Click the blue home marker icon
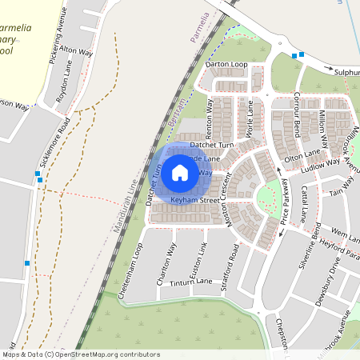click(180, 172)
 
